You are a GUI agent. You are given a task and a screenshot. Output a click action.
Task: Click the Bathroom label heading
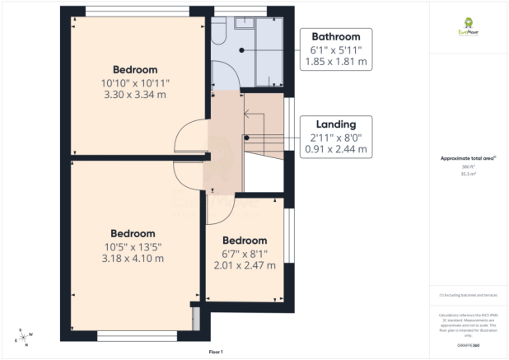(x=335, y=37)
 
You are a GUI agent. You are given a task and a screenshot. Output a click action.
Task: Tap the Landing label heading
(x=335, y=124)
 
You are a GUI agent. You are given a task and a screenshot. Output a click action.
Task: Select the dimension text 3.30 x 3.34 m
(x=134, y=95)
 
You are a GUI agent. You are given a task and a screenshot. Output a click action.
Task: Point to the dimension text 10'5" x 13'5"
(x=133, y=245)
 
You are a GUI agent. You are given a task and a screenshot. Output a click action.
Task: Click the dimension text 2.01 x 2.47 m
(x=245, y=265)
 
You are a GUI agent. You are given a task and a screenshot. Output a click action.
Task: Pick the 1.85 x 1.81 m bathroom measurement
(x=335, y=62)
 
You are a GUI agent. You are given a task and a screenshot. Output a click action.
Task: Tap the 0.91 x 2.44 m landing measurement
(x=335, y=150)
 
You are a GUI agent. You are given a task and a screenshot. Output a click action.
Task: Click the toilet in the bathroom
(x=218, y=30)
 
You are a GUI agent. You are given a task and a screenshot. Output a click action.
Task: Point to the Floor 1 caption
(x=217, y=352)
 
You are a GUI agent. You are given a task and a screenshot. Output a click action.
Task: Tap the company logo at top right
(x=469, y=27)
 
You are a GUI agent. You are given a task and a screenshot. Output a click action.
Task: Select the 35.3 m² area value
(x=469, y=175)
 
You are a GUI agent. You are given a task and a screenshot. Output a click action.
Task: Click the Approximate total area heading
(x=469, y=158)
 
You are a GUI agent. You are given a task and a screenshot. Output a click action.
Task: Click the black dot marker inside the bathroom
(x=241, y=51)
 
